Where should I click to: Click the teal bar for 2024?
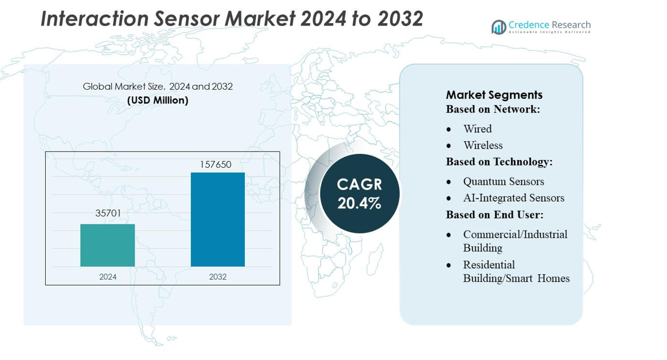click(107, 245)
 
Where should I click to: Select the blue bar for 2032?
click(218, 219)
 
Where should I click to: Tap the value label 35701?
click(108, 213)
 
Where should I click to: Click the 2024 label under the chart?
click(107, 276)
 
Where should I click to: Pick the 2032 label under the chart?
click(218, 276)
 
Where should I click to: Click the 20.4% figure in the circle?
click(360, 203)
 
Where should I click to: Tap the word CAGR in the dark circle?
click(360, 184)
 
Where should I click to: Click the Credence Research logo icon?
click(499, 27)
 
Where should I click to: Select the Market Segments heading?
click(494, 94)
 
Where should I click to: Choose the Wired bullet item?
click(477, 129)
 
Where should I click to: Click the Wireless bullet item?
click(483, 145)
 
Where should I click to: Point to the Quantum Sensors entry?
click(503, 181)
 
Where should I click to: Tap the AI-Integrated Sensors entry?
click(513, 198)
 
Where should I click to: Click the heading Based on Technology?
click(499, 162)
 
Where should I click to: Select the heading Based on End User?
click(495, 215)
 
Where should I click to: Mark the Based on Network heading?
click(493, 109)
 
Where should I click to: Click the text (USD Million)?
click(158, 100)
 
